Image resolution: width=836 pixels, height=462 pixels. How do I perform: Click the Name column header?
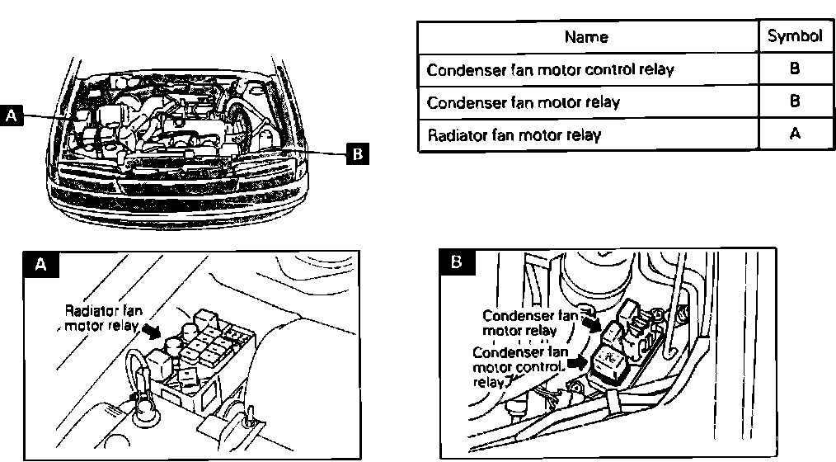tap(586, 36)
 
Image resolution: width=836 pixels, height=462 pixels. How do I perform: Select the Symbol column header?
tap(795, 36)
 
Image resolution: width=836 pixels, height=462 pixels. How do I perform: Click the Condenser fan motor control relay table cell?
tap(550, 70)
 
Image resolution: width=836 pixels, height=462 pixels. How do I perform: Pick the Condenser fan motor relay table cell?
tap(523, 102)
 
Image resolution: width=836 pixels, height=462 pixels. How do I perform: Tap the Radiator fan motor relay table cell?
tap(514, 134)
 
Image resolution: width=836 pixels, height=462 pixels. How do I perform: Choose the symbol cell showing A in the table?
tap(795, 134)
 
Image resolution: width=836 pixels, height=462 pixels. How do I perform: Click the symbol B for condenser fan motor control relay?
tap(795, 70)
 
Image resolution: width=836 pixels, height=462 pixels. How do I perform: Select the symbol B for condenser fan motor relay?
tap(795, 102)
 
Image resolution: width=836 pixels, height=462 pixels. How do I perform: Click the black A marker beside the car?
tap(12, 115)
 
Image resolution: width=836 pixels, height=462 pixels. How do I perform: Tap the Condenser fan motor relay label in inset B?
tap(528, 323)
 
